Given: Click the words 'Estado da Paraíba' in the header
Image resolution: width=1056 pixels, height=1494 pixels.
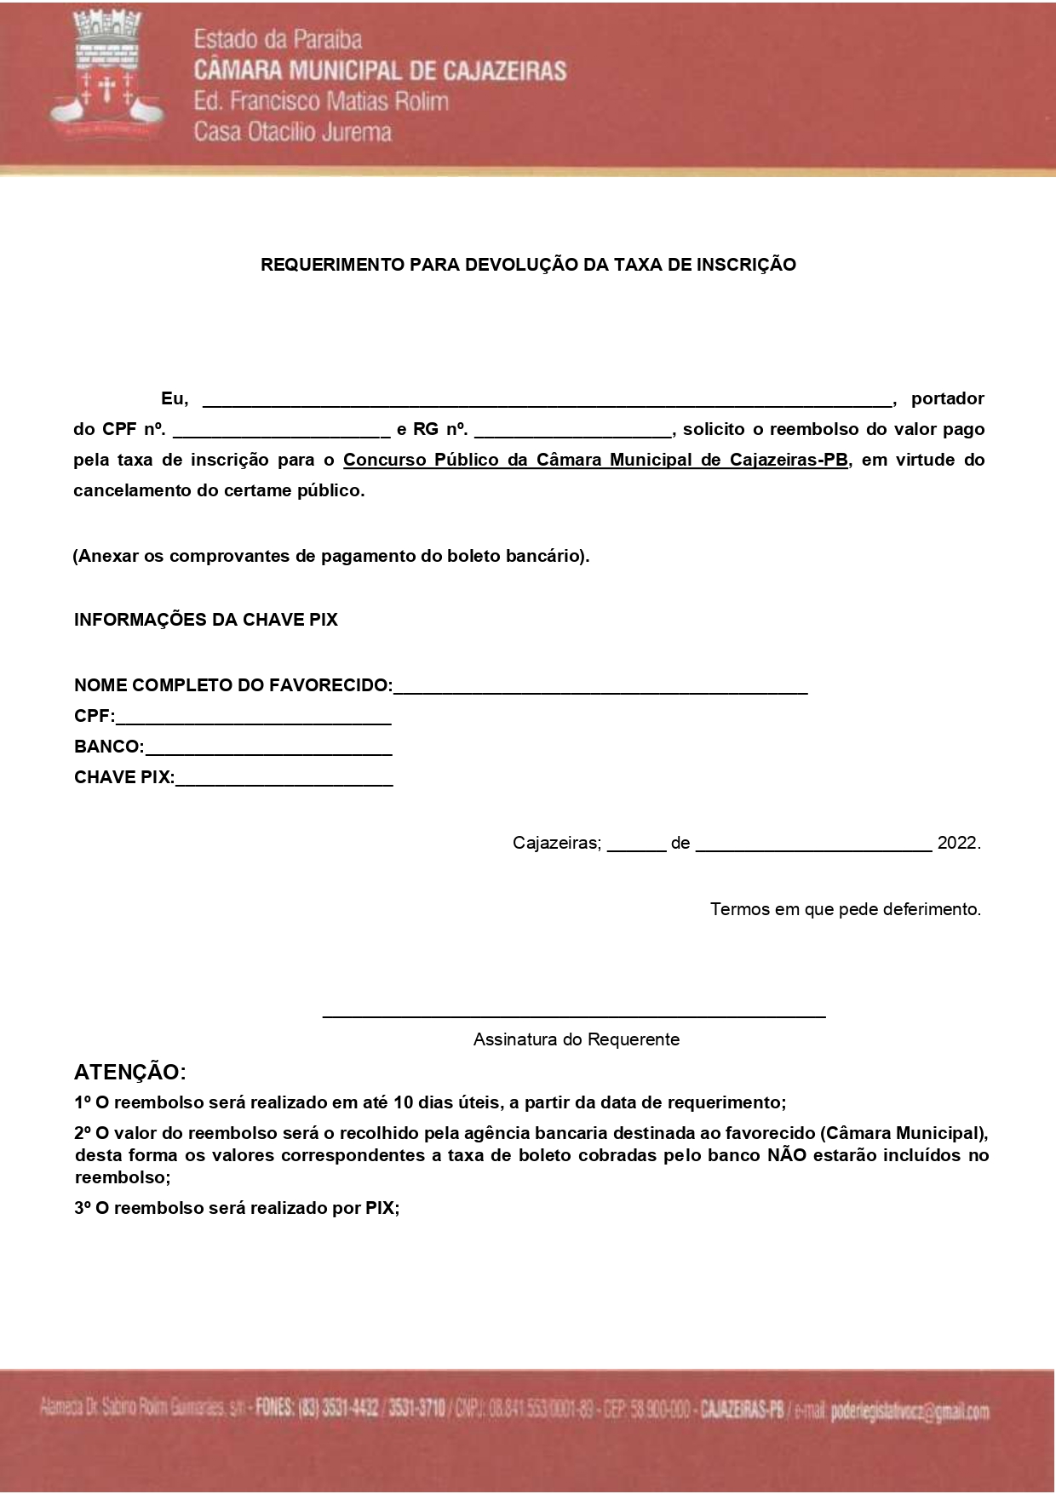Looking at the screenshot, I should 278,39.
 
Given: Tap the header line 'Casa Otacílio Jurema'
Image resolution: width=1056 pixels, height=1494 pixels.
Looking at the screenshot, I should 292,132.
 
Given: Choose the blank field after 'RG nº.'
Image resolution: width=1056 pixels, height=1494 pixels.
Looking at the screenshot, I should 572,432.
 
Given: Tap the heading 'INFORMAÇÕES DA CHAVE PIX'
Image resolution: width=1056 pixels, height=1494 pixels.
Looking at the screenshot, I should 205,620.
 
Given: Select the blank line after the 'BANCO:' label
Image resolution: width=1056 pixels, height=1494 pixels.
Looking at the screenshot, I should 268,749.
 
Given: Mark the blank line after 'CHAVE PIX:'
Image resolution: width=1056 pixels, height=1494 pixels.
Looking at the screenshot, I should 284,780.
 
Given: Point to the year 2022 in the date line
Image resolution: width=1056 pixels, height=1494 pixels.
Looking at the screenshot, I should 957,843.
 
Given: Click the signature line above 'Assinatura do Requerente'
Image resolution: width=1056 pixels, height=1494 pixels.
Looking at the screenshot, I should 574,1014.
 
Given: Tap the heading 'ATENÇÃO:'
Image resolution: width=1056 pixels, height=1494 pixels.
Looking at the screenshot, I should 129,1072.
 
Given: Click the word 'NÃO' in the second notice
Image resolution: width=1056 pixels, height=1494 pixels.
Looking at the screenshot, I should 786,1155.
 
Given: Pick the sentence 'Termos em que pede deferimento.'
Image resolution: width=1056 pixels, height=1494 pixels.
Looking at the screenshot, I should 845,909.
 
